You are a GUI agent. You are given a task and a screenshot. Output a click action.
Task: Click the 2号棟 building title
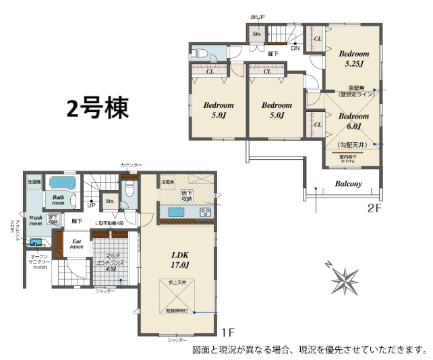[97, 108]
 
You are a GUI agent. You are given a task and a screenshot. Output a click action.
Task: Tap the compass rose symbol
[347, 278]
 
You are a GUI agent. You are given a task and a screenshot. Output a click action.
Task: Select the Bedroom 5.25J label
[353, 59]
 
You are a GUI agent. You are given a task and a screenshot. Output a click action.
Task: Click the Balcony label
[348, 183]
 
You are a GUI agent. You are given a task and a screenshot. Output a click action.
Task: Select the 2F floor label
[374, 207]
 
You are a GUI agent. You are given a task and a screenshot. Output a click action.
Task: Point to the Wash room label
[36, 220]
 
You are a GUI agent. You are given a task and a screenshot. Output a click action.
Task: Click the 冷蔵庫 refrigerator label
[168, 182]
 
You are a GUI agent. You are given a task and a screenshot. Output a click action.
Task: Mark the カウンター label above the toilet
[132, 164]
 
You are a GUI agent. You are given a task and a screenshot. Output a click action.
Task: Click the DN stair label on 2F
[295, 49]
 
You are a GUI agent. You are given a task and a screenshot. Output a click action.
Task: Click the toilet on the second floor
[200, 53]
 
